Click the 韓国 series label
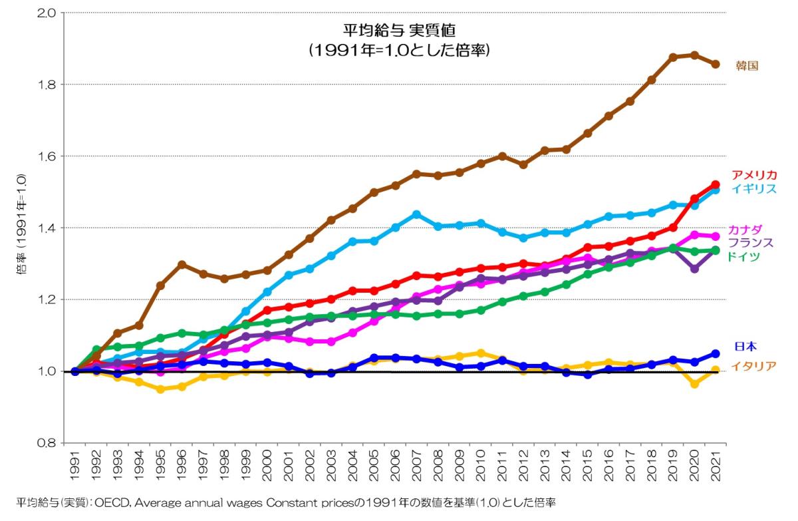coord(747,66)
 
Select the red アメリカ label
coord(754,175)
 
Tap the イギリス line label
coord(754,188)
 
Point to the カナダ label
coord(745,230)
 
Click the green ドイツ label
coord(743,256)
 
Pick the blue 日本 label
coord(745,347)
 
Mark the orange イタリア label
coord(753,365)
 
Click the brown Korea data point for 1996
coord(182,264)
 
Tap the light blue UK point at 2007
coord(416,214)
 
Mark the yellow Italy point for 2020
coord(694,384)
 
